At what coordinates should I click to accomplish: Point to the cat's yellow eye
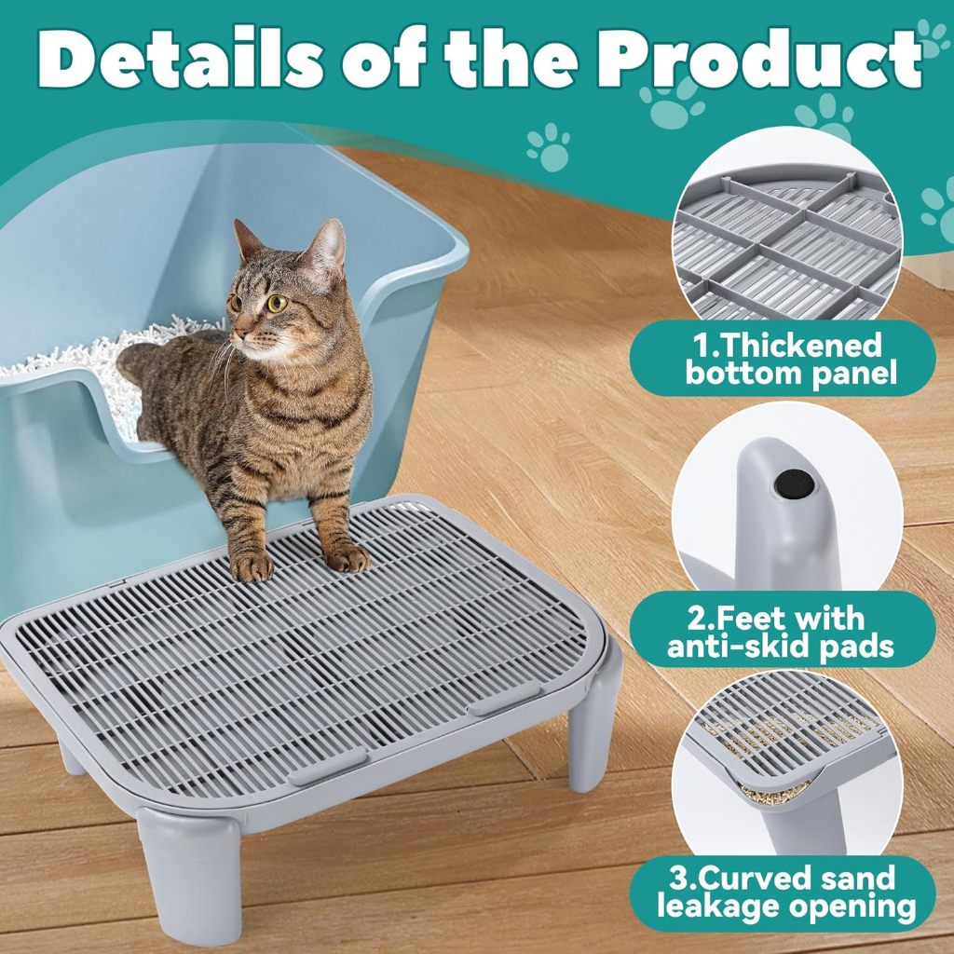click(277, 303)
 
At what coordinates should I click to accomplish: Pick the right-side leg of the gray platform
click(593, 727)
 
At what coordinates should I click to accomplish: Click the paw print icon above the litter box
click(548, 146)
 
